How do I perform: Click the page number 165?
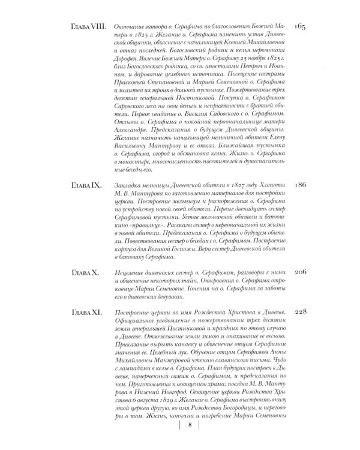pyautogui.click(x=299, y=28)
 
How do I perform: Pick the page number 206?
pyautogui.click(x=299, y=272)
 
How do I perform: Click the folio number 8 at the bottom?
pyautogui.click(x=190, y=425)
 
